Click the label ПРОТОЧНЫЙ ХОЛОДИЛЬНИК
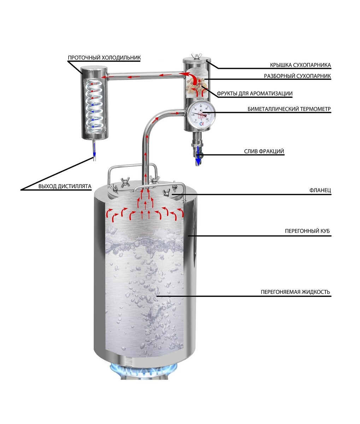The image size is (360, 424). pyautogui.click(x=104, y=58)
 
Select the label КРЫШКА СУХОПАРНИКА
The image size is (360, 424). pyautogui.click(x=300, y=65)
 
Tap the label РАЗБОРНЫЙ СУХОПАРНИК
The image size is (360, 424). pyautogui.click(x=297, y=76)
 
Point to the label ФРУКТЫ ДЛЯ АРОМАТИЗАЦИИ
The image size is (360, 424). pyautogui.click(x=255, y=94)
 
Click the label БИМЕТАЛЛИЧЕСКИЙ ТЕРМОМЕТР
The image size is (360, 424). pyautogui.click(x=289, y=109)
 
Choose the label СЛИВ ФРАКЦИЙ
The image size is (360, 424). pyautogui.click(x=264, y=152)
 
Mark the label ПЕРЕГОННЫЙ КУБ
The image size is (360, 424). pyautogui.click(x=307, y=231)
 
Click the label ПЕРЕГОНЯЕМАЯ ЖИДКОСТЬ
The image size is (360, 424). pyautogui.click(x=295, y=292)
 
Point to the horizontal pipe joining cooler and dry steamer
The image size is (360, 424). pyautogui.click(x=145, y=76)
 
